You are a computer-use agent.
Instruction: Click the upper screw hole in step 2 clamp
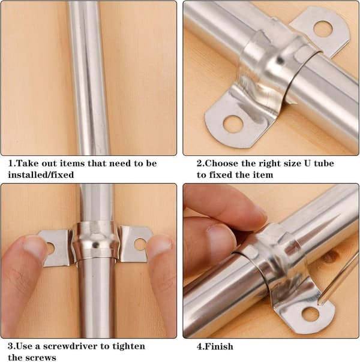(323, 29)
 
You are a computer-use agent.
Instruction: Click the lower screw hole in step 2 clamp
(233, 125)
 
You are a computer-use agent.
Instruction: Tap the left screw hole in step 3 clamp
(50, 248)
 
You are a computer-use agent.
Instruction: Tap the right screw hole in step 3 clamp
(140, 245)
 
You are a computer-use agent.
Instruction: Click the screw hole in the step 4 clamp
(311, 314)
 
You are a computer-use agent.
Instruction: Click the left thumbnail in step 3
(35, 250)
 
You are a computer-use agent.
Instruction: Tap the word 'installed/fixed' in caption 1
(41, 174)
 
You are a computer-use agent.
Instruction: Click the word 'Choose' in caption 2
(221, 164)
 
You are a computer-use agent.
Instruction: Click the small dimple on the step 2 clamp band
(280, 61)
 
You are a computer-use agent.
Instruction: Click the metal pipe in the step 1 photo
(89, 78)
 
